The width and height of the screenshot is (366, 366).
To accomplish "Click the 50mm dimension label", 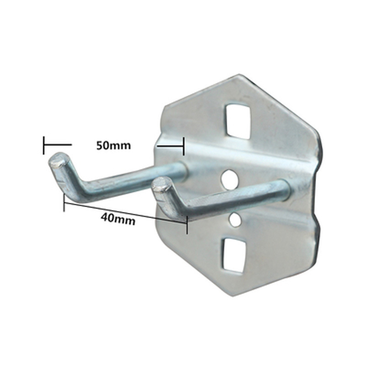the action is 113,145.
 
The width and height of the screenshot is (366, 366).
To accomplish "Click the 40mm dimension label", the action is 118,220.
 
